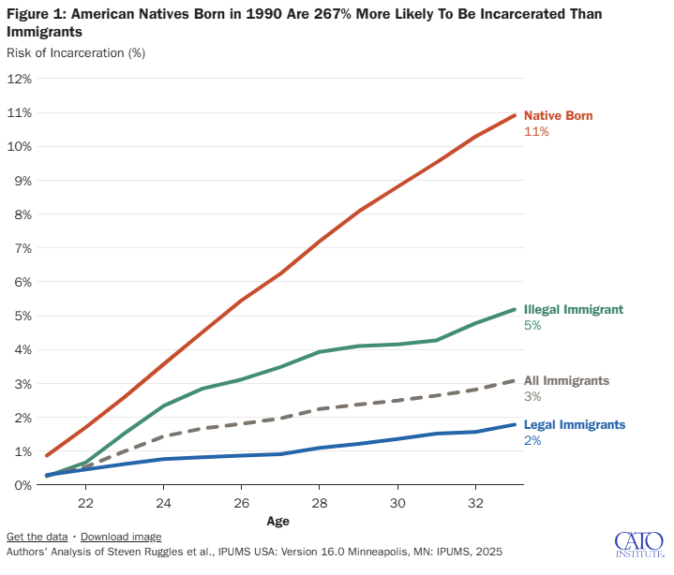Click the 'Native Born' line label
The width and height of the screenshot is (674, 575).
[x=558, y=115]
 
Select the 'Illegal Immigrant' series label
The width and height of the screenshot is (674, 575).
[x=573, y=309]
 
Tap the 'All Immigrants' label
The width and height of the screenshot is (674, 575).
[x=566, y=380]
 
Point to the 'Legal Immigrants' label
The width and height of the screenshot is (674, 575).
[x=574, y=424]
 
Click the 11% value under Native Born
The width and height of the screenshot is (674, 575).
[x=535, y=132]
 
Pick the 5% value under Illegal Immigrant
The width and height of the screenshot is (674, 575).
[x=532, y=326]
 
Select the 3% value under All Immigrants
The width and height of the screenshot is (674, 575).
[x=532, y=397]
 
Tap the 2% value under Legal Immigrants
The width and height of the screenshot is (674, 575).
[x=532, y=440]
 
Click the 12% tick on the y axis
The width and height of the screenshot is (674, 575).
[x=20, y=79]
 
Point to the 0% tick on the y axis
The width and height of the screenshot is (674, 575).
[x=20, y=484]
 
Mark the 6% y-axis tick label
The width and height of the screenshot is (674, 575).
[x=20, y=282]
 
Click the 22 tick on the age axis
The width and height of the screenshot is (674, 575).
[x=85, y=503]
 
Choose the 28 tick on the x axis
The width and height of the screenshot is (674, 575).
[x=320, y=503]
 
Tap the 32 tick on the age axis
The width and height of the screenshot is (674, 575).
[x=475, y=503]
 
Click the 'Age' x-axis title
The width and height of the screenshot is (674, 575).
[x=277, y=521]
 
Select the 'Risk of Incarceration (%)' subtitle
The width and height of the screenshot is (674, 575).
[x=76, y=52]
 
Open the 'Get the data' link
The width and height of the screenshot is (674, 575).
[x=37, y=537]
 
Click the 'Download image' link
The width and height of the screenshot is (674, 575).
[x=121, y=537]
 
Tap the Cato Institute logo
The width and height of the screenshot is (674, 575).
[x=638, y=543]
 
